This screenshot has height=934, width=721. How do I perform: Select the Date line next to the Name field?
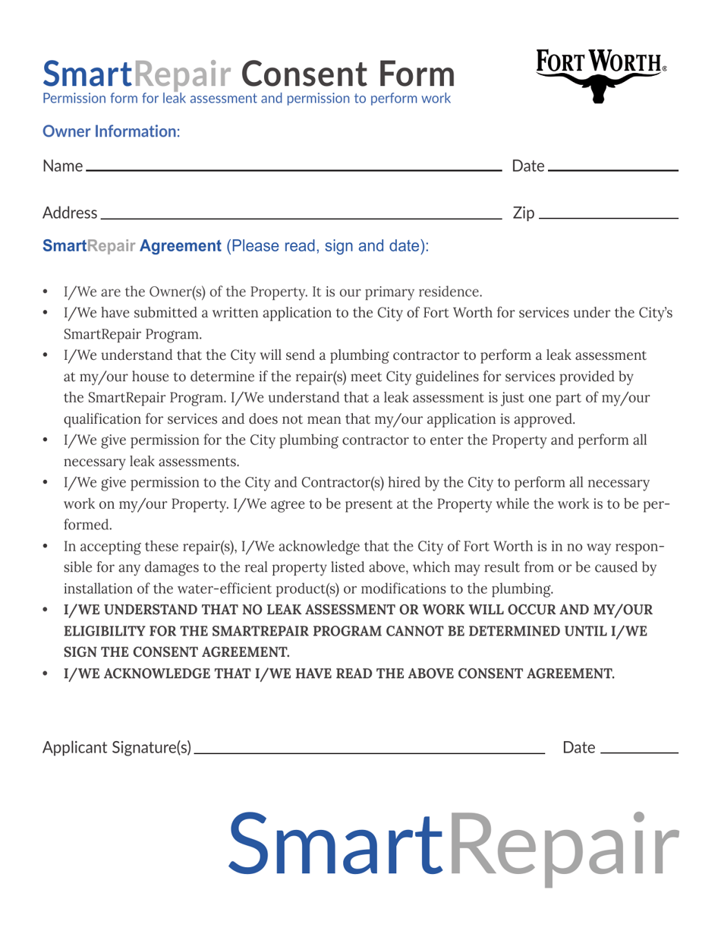[x=612, y=171]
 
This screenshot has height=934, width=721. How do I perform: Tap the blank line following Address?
[x=301, y=218]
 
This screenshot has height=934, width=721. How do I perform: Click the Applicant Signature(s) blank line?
[x=370, y=753]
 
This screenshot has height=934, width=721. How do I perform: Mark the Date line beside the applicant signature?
[x=638, y=753]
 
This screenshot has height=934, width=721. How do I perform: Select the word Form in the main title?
[x=418, y=74]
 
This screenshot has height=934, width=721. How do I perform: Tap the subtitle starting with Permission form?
[x=247, y=99]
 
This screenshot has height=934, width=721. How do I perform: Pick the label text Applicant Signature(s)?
[x=117, y=749]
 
